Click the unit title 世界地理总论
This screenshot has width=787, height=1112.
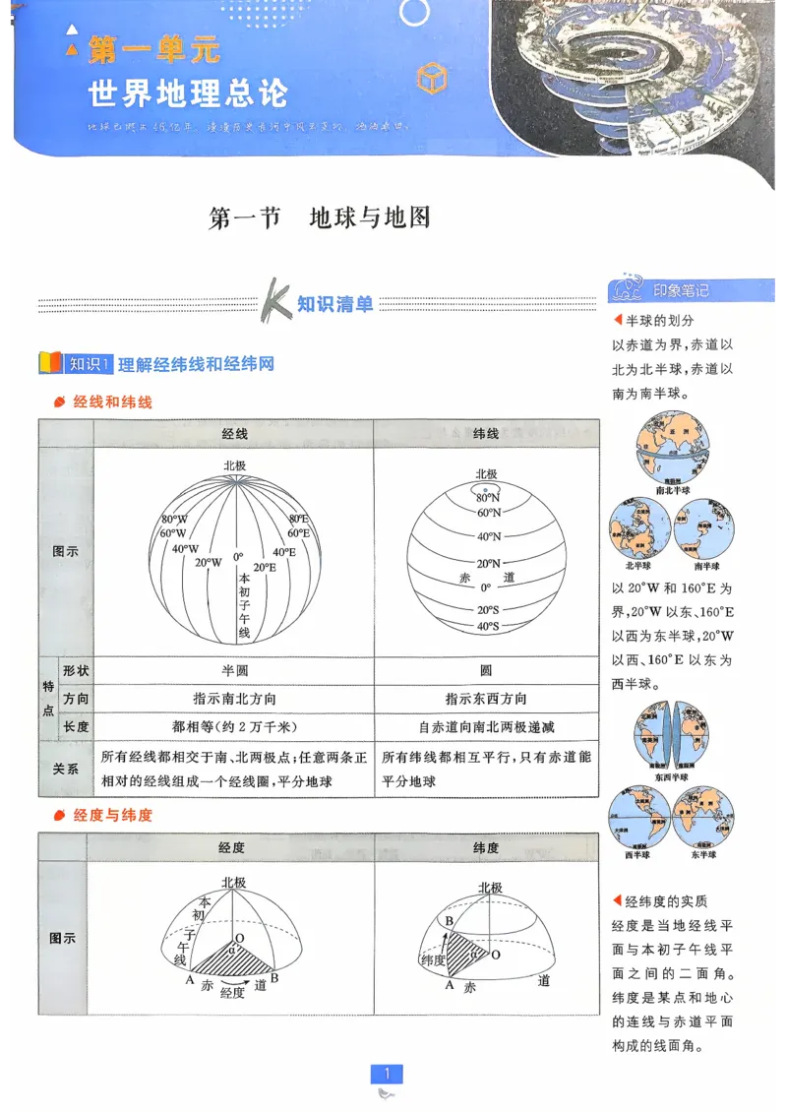pyautogui.click(x=187, y=93)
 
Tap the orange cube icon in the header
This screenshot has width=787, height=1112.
pyautogui.click(x=432, y=78)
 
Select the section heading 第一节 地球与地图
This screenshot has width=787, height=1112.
pyautogui.click(x=321, y=217)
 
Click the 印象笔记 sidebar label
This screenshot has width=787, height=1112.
pyautogui.click(x=681, y=290)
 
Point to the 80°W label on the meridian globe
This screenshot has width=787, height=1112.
pyautogui.click(x=175, y=519)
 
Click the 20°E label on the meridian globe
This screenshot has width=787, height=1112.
pyautogui.click(x=264, y=568)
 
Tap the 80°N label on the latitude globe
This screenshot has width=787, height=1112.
pyautogui.click(x=488, y=498)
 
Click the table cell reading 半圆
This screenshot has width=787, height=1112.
pyautogui.click(x=234, y=670)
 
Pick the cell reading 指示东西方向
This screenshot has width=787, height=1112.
pyautogui.click(x=486, y=699)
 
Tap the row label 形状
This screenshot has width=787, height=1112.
pyautogui.click(x=76, y=670)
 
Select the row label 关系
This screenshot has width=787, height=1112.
pyautogui.click(x=66, y=769)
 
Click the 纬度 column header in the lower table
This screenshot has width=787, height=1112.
pyautogui.click(x=486, y=847)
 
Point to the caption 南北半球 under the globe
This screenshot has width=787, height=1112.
pyautogui.click(x=673, y=490)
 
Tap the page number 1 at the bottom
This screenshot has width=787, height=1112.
pyautogui.click(x=388, y=1074)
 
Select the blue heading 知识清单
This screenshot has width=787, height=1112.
pyautogui.click(x=335, y=304)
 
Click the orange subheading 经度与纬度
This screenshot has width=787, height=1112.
pyautogui.click(x=113, y=816)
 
